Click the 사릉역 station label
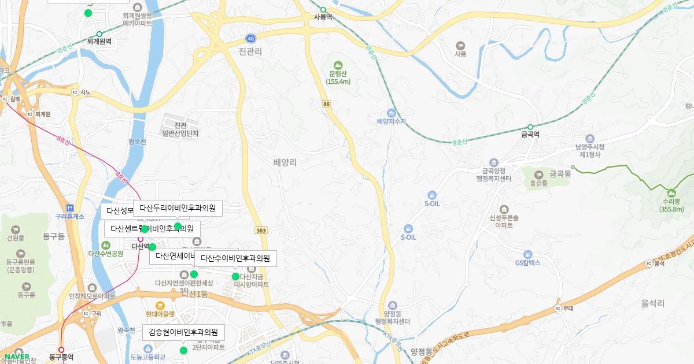(323, 17)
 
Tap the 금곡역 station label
(530, 134)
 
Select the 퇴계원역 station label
(99, 42)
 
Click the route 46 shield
(250, 38)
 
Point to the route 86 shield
(327, 103)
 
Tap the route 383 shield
(261, 231)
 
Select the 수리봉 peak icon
(671, 192)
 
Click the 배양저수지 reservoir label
(392, 121)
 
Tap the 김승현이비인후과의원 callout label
(183, 332)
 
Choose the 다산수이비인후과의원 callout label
(235, 258)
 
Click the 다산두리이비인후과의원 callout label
(178, 208)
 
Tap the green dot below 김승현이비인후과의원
(183, 350)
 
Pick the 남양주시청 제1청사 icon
(590, 139)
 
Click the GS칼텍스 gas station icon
(527, 254)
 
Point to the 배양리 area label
(285, 163)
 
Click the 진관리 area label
(250, 51)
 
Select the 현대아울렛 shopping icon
(160, 305)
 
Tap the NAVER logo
(16, 356)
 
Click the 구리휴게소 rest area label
(70, 216)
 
